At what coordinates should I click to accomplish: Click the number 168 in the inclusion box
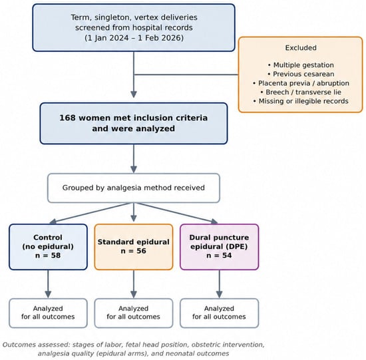click(68, 118)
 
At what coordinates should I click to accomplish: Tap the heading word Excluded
click(301, 48)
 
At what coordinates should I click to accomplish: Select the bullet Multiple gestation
click(301, 65)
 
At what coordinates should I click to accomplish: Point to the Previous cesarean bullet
click(301, 74)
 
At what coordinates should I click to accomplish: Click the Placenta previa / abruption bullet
click(301, 83)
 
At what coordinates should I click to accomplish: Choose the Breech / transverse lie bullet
click(301, 92)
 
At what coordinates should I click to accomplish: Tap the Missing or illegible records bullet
click(301, 101)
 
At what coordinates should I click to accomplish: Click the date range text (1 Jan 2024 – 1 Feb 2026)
click(134, 38)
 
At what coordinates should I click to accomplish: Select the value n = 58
click(48, 256)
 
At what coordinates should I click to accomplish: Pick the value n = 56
click(134, 251)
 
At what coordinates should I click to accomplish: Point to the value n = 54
click(219, 256)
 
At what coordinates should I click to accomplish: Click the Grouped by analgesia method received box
click(134, 188)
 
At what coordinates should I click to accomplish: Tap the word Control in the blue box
click(48, 238)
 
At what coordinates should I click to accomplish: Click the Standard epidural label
click(134, 242)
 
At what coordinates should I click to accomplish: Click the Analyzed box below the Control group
click(48, 313)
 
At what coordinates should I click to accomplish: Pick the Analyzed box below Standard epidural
click(134, 313)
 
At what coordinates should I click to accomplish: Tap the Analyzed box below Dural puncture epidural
click(219, 313)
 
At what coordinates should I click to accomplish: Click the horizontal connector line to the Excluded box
click(186, 75)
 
